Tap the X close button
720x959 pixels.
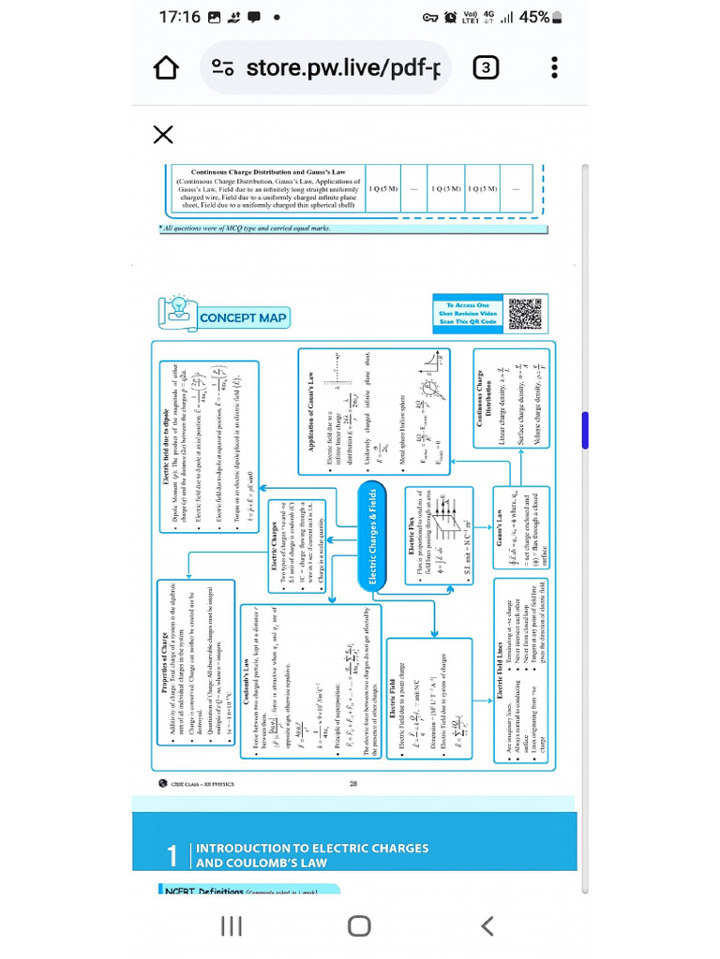pos(163,135)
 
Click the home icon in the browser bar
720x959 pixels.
pos(166,68)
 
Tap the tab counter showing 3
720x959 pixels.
pos(485,68)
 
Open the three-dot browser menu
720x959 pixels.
pos(555,68)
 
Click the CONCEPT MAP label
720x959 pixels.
pos(243,318)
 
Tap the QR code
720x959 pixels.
pos(525,314)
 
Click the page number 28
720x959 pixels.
pos(353,784)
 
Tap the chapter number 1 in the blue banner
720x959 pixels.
pos(172,856)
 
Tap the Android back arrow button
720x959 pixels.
pos(487,926)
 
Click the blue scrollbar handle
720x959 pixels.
pos(586,429)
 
